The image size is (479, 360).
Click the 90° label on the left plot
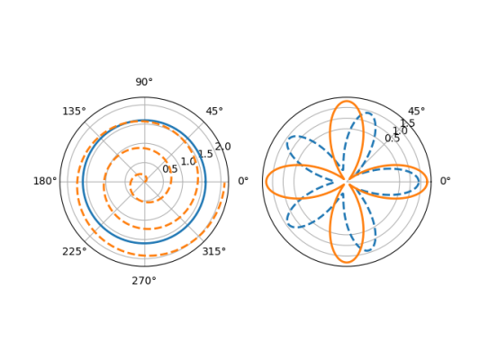[x=144, y=82]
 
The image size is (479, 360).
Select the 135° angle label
[x=74, y=112]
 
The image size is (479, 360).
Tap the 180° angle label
[x=45, y=181]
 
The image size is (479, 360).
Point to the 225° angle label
[x=75, y=252]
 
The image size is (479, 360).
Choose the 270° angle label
[x=144, y=281]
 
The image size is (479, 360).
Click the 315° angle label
[x=214, y=252]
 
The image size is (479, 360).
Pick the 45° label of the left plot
[x=214, y=112]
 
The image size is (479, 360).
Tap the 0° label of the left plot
[x=243, y=181]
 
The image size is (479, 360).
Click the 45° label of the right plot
[x=416, y=112]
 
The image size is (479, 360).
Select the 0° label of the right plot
[x=446, y=181]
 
